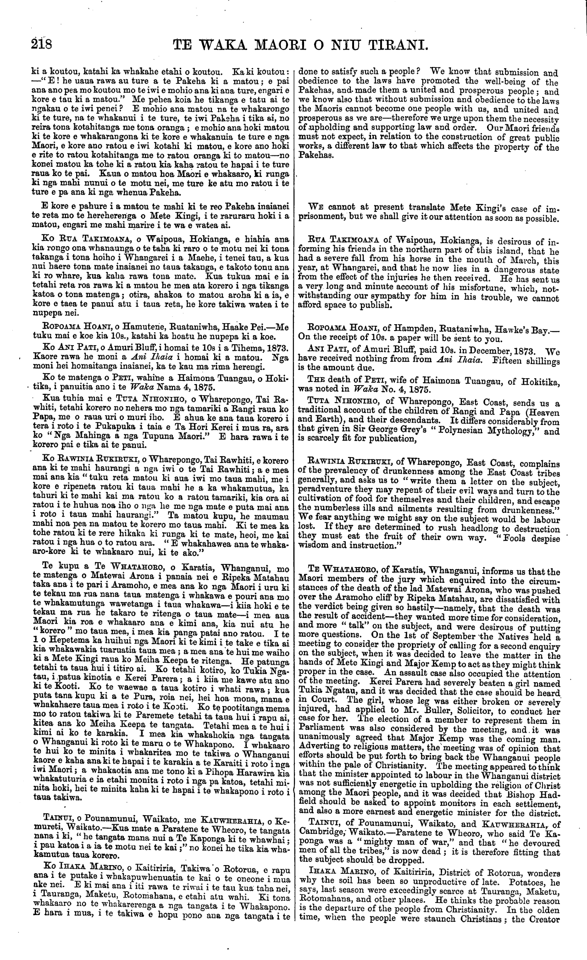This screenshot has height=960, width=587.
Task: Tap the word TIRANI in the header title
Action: coord(396,45)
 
